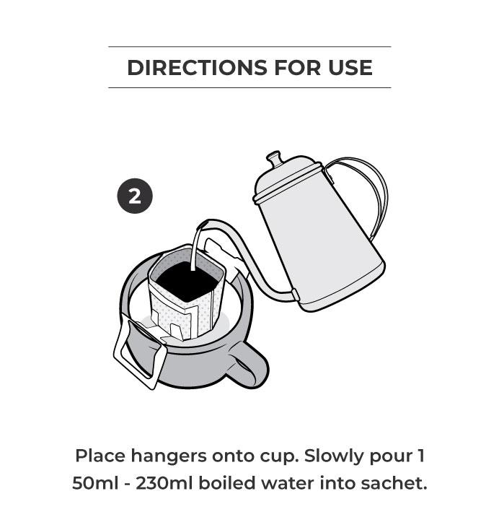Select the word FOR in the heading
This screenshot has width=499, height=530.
(297, 68)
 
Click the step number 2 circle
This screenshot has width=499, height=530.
(135, 196)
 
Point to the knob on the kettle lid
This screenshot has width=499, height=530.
(273, 158)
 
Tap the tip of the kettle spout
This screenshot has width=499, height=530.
(202, 225)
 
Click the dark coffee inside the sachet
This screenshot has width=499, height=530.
(187, 281)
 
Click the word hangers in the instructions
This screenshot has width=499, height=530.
(169, 456)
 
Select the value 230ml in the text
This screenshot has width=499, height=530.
(164, 483)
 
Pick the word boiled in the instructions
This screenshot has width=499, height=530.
(226, 483)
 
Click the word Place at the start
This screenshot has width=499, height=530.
(100, 456)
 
